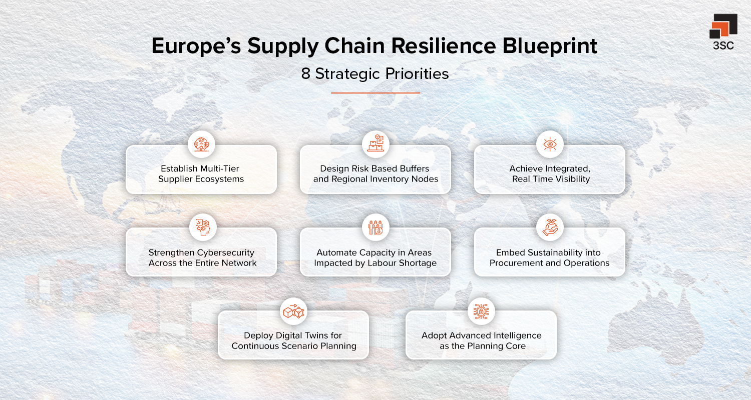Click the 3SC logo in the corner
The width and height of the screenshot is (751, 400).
tap(723, 31)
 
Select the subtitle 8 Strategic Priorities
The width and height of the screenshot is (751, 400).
tap(375, 74)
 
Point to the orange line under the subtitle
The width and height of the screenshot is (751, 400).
tap(375, 92)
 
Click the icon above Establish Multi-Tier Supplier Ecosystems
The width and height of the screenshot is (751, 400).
tap(201, 144)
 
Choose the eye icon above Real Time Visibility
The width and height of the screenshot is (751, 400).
tap(549, 144)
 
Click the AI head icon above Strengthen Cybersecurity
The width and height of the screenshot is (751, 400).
tap(201, 227)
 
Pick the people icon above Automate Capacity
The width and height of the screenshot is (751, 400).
tap(375, 227)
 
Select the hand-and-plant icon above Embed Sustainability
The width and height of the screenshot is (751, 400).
tap(549, 227)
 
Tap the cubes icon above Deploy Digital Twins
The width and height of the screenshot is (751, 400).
tap(293, 311)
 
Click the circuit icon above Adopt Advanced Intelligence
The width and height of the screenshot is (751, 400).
tap(481, 311)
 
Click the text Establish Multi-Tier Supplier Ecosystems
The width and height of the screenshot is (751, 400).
tap(201, 174)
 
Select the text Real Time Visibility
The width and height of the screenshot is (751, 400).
tap(551, 179)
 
